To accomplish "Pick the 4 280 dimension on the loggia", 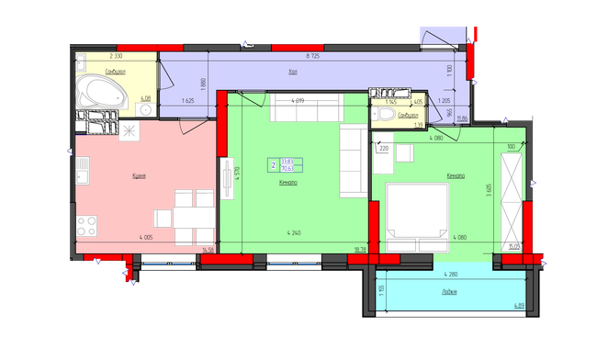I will (450, 275).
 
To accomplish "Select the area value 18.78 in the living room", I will (360, 248).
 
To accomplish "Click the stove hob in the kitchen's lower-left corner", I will (88, 225).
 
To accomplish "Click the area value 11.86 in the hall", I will (463, 118).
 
